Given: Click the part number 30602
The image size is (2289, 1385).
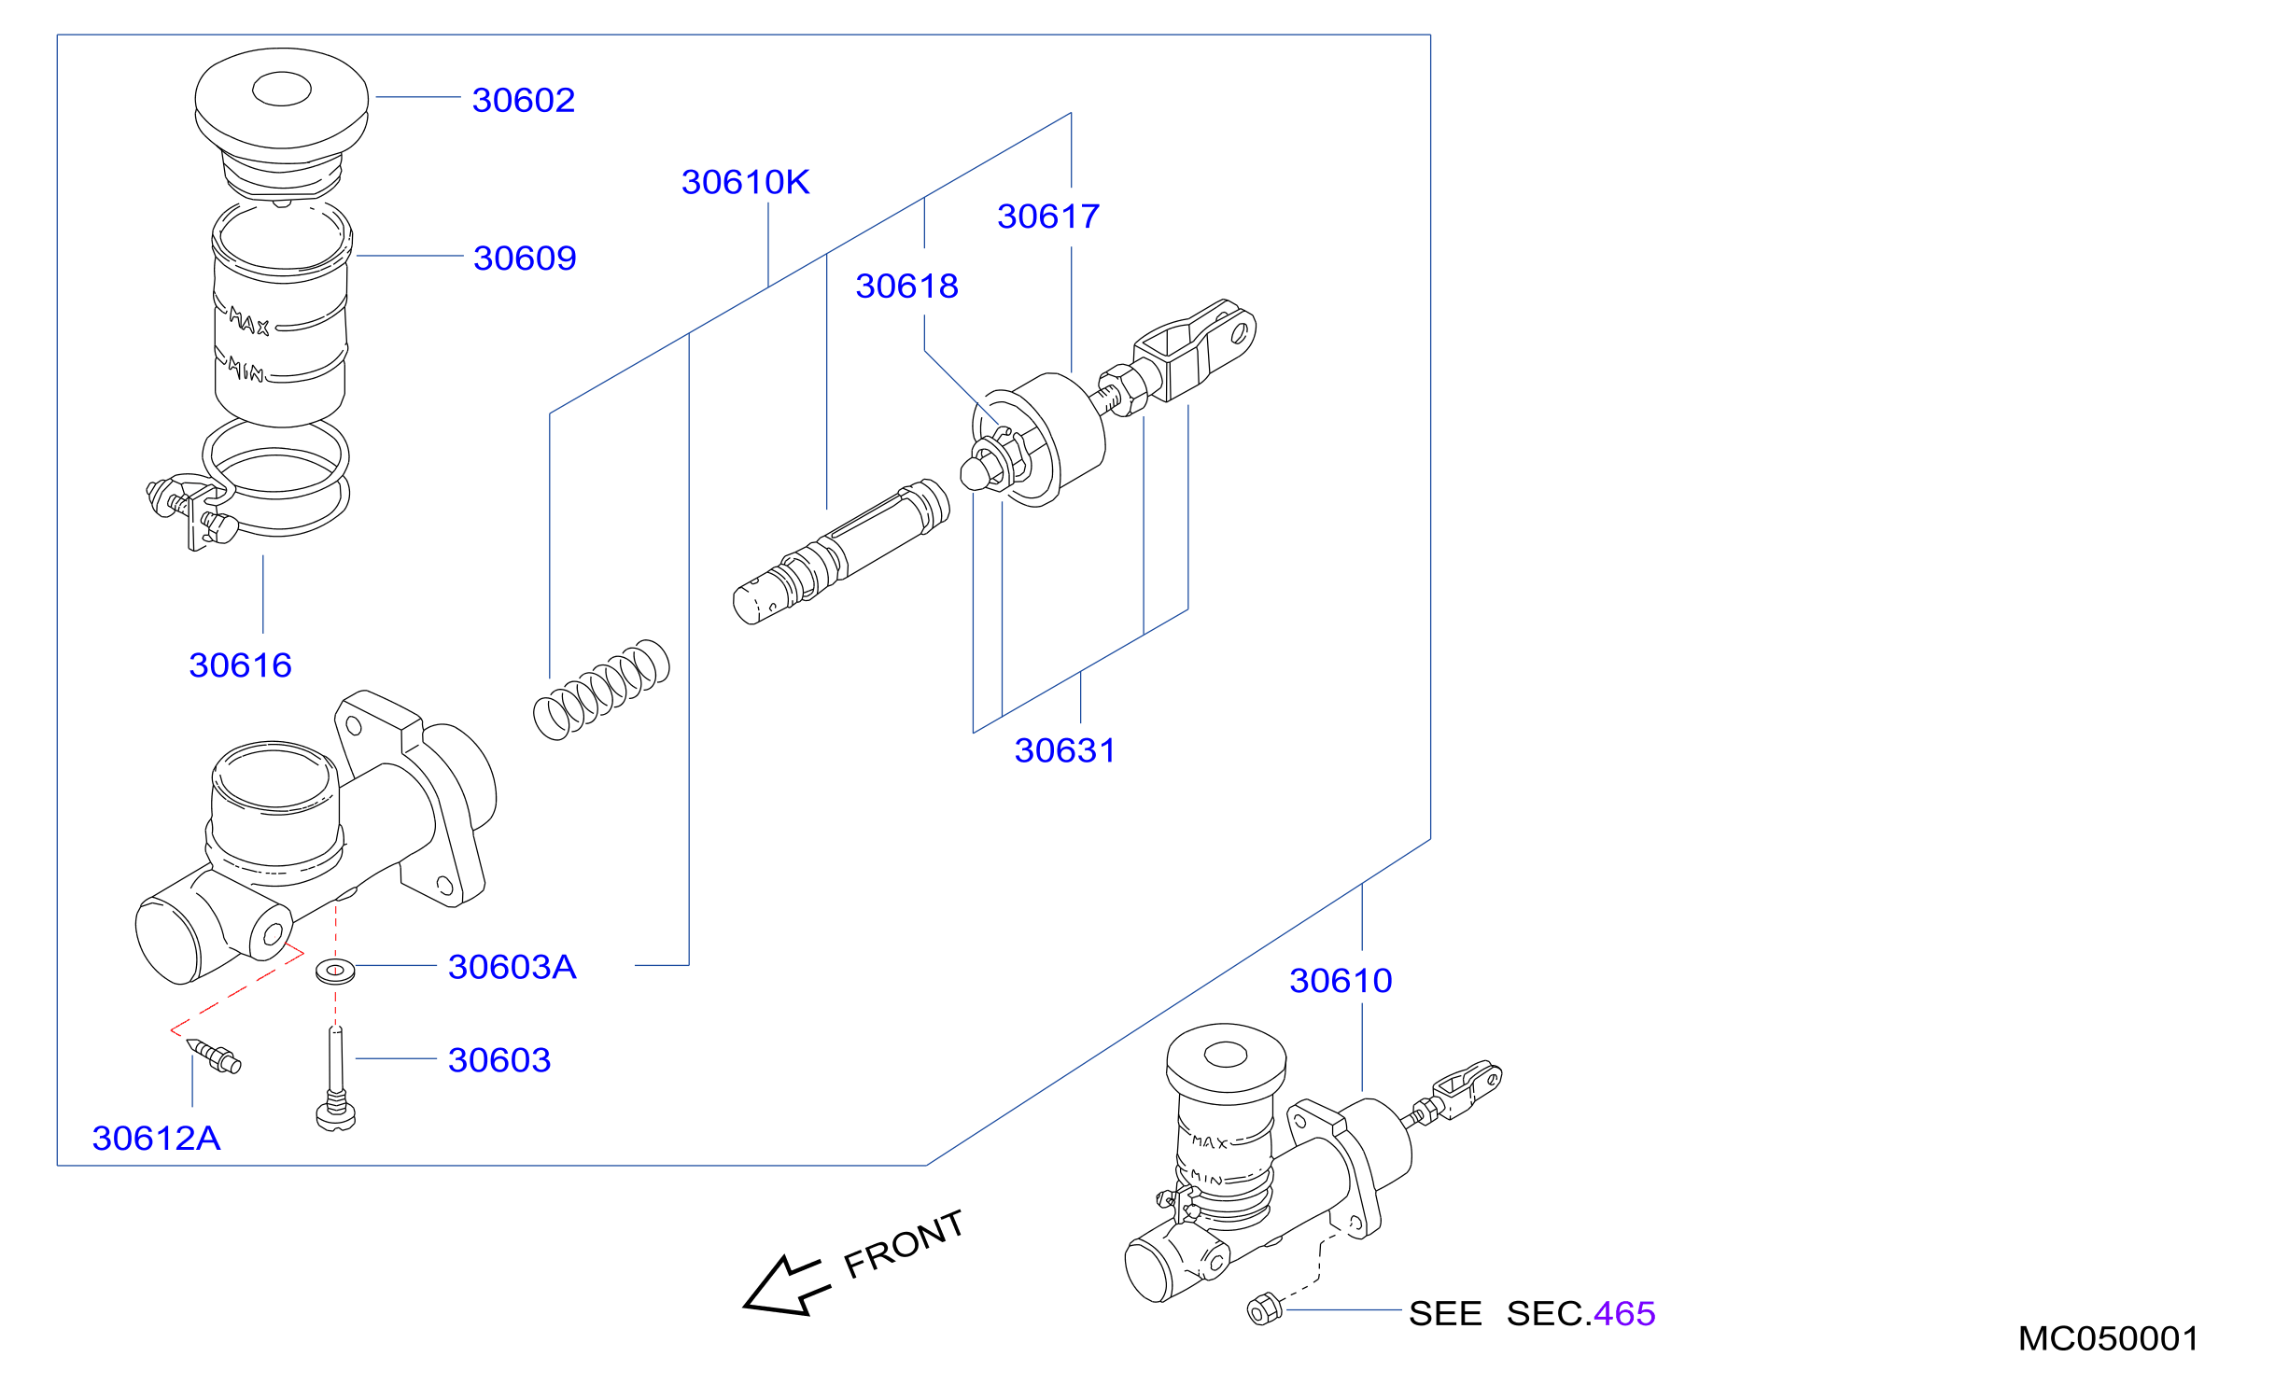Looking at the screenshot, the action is [524, 100].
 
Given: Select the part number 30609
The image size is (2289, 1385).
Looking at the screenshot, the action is [525, 258].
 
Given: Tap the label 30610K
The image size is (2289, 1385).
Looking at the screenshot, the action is [745, 182].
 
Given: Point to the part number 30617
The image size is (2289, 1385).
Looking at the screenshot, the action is [1048, 217].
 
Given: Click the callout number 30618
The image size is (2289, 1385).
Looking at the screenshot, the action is [906, 286].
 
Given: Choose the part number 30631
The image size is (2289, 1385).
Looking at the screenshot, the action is [1065, 750].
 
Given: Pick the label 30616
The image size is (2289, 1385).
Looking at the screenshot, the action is [240, 665].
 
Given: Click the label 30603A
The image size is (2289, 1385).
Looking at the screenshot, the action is [512, 967].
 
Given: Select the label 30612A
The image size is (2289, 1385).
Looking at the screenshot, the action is [156, 1139].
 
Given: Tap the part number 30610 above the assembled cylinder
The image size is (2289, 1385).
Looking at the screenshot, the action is [1341, 981].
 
